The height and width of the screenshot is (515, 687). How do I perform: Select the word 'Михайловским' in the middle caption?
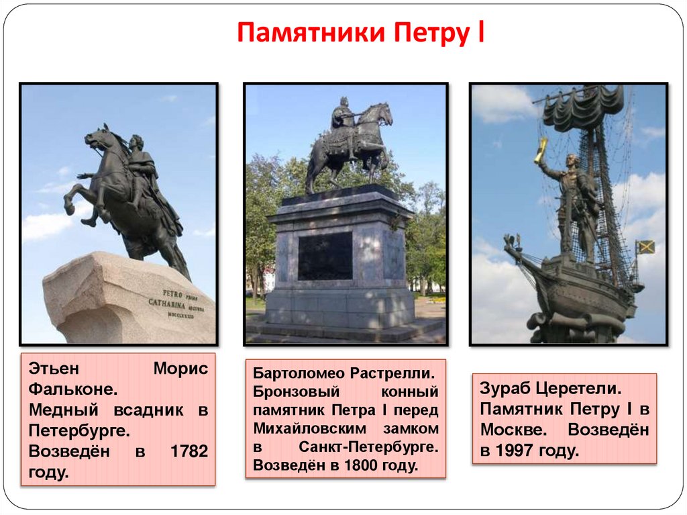click(300, 428)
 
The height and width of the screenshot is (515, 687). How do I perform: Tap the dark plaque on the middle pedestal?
click(325, 256)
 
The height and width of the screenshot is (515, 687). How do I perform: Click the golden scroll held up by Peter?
click(541, 150)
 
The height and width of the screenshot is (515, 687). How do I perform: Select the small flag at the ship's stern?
click(645, 247)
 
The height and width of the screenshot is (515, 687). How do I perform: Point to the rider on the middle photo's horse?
click(343, 118)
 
